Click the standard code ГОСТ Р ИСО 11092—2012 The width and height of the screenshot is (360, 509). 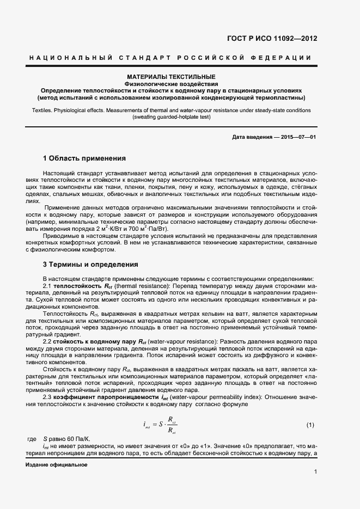click(x=272, y=39)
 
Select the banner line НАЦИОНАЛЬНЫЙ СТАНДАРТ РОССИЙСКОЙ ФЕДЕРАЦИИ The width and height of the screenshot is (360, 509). click(x=171, y=58)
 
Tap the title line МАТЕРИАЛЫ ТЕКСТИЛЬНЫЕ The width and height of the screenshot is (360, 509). click(x=171, y=77)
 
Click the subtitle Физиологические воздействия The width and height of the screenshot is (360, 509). click(x=171, y=84)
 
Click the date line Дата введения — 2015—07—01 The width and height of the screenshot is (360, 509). click(x=274, y=136)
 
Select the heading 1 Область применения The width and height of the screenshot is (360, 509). click(x=84, y=158)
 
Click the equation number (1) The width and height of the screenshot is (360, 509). click(x=310, y=425)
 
